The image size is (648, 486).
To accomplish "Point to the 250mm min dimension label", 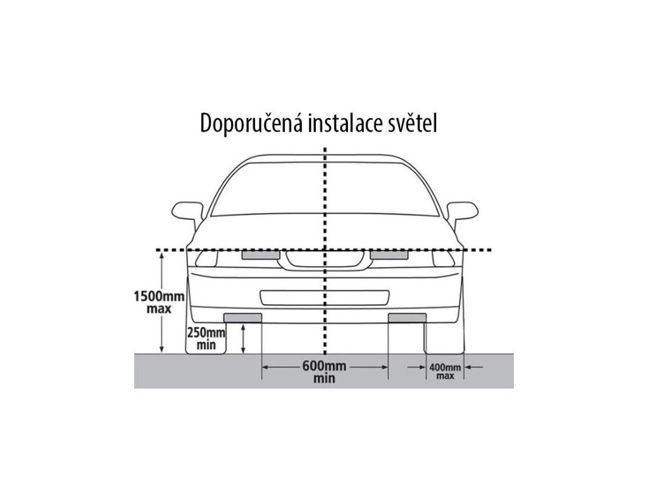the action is [x=206, y=339].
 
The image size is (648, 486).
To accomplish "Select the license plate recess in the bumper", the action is [x=324, y=297].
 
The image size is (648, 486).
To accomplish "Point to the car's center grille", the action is [x=324, y=260].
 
